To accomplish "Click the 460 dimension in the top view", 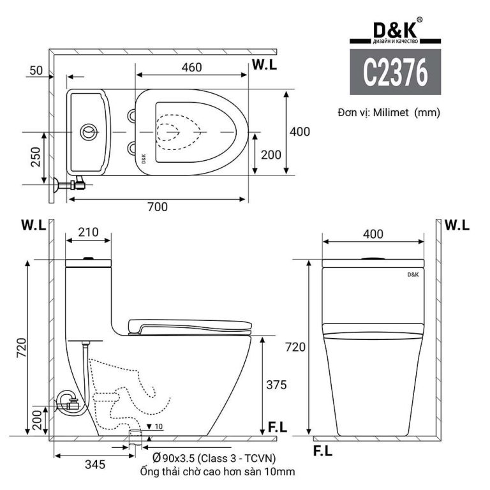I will point(191,67).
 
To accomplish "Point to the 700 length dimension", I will point(157,207).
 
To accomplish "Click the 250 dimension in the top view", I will point(35,156).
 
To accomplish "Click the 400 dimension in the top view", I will point(299,131).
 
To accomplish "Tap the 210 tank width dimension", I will point(89,232).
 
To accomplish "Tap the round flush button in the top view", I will point(89,132).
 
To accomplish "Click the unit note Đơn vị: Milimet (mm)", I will point(389,112).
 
